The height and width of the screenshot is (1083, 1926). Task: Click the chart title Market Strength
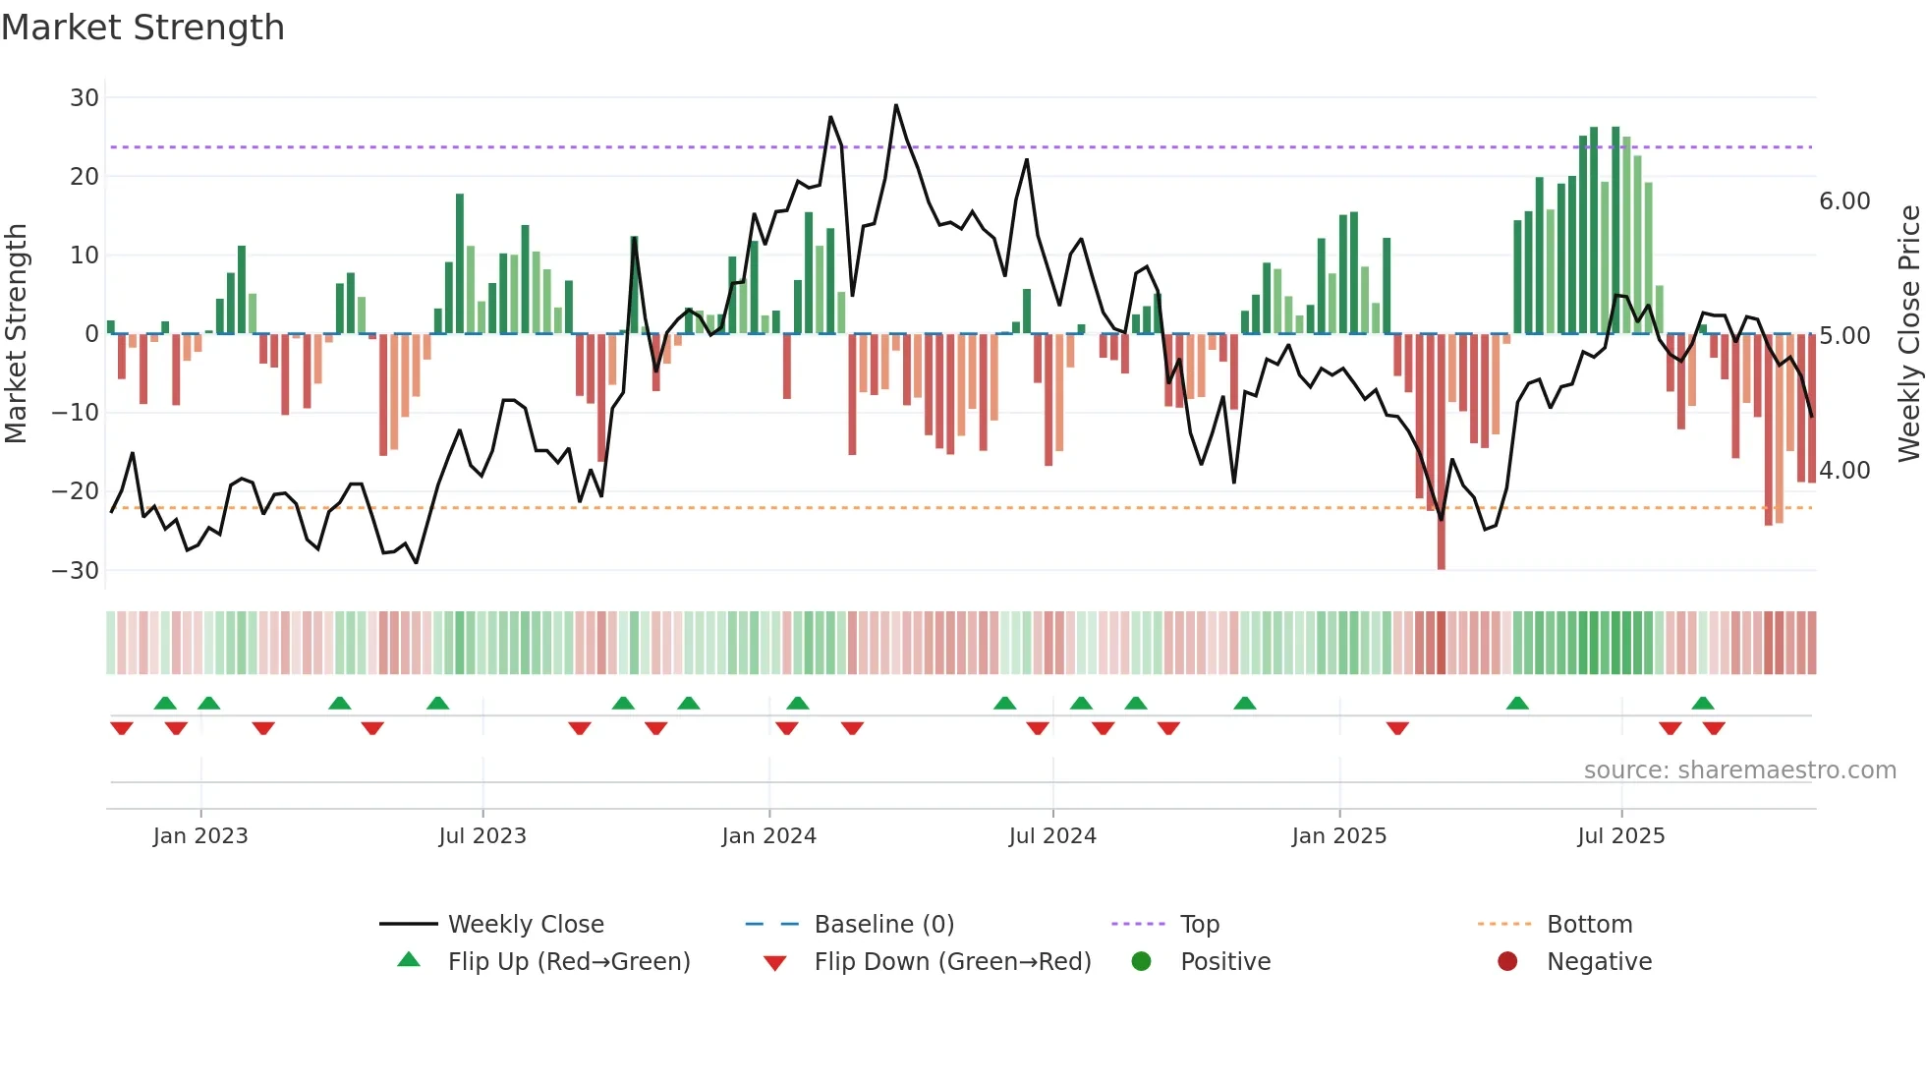142,28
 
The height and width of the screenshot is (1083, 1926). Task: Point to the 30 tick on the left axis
85,98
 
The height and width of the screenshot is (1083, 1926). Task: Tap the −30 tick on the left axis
76,571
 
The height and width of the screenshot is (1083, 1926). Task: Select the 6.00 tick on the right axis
1844,201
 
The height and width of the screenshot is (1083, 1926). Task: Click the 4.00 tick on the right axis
1844,471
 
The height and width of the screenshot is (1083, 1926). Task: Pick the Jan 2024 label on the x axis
768,836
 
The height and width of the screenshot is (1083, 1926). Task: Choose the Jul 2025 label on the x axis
1620,836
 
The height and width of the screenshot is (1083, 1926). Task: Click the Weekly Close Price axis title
1908,334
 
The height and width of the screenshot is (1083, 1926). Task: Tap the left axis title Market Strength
16,334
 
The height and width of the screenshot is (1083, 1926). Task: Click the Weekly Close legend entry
526,925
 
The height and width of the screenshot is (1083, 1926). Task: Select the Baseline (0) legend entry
883,925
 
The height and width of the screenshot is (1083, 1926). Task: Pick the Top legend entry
1199,925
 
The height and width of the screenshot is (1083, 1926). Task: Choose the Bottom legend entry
1589,925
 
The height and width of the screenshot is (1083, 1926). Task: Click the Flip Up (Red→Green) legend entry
568,962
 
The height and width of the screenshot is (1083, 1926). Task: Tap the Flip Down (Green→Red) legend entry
952,962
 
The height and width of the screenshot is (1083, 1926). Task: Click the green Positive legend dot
1141,962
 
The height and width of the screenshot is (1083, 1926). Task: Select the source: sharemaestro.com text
1739,770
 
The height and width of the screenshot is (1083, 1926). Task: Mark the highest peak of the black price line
896,105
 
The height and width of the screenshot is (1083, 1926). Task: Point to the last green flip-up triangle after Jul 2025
1703,704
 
